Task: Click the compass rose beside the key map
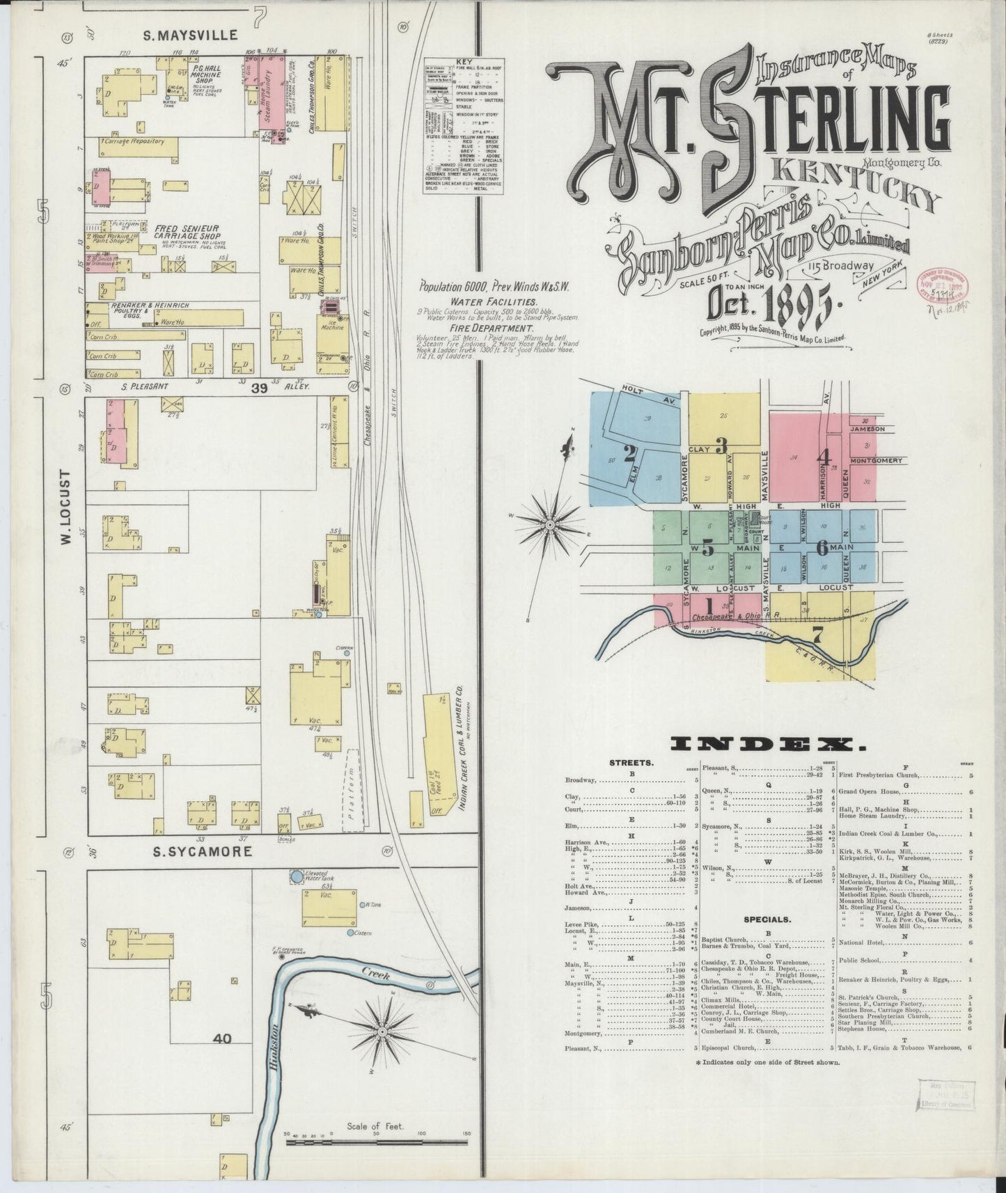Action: point(550,523)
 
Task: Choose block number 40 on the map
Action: point(223,1039)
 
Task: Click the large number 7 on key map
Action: point(817,634)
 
